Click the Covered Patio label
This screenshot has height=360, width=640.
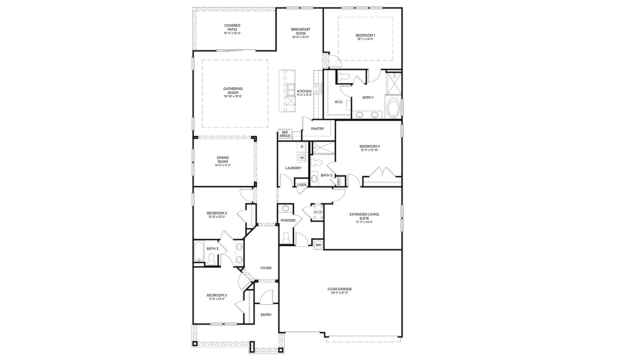pyautogui.click(x=232, y=27)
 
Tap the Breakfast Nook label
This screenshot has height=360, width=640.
pyautogui.click(x=301, y=31)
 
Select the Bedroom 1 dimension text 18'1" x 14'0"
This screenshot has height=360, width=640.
pyautogui.click(x=365, y=39)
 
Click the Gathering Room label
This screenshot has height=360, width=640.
pyautogui.click(x=233, y=91)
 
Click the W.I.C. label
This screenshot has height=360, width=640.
pyautogui.click(x=339, y=102)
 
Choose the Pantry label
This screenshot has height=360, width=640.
pyautogui.click(x=317, y=129)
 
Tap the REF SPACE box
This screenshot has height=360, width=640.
pyautogui.click(x=285, y=134)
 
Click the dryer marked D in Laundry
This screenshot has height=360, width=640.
pyautogui.click(x=302, y=147)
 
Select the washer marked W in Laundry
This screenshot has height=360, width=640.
pyautogui.click(x=302, y=157)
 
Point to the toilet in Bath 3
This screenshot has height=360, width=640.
pyautogui.click(x=316, y=163)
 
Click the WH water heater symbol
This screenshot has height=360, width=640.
pyautogui.click(x=318, y=245)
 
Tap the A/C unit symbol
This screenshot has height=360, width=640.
pyautogui.click(x=318, y=212)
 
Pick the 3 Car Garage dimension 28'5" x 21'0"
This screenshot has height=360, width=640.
pyautogui.click(x=339, y=293)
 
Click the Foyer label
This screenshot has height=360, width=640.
pyautogui.click(x=266, y=268)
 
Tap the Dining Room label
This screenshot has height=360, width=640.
pyautogui.click(x=222, y=160)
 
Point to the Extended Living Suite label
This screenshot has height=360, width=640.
pyautogui.click(x=364, y=216)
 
